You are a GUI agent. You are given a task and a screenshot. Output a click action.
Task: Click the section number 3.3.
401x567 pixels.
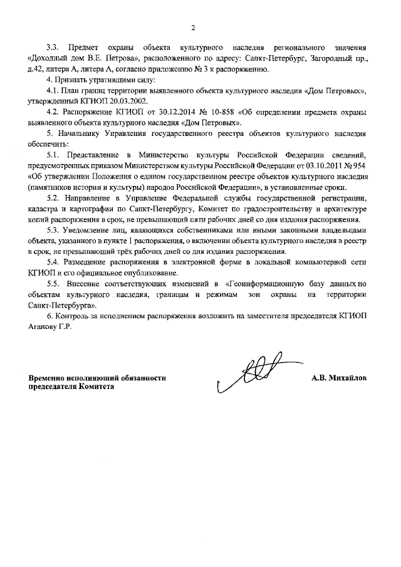click(x=54, y=48)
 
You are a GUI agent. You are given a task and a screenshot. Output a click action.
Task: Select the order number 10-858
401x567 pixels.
click(x=211, y=115)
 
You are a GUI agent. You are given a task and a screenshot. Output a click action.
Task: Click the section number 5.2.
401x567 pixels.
click(x=54, y=199)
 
